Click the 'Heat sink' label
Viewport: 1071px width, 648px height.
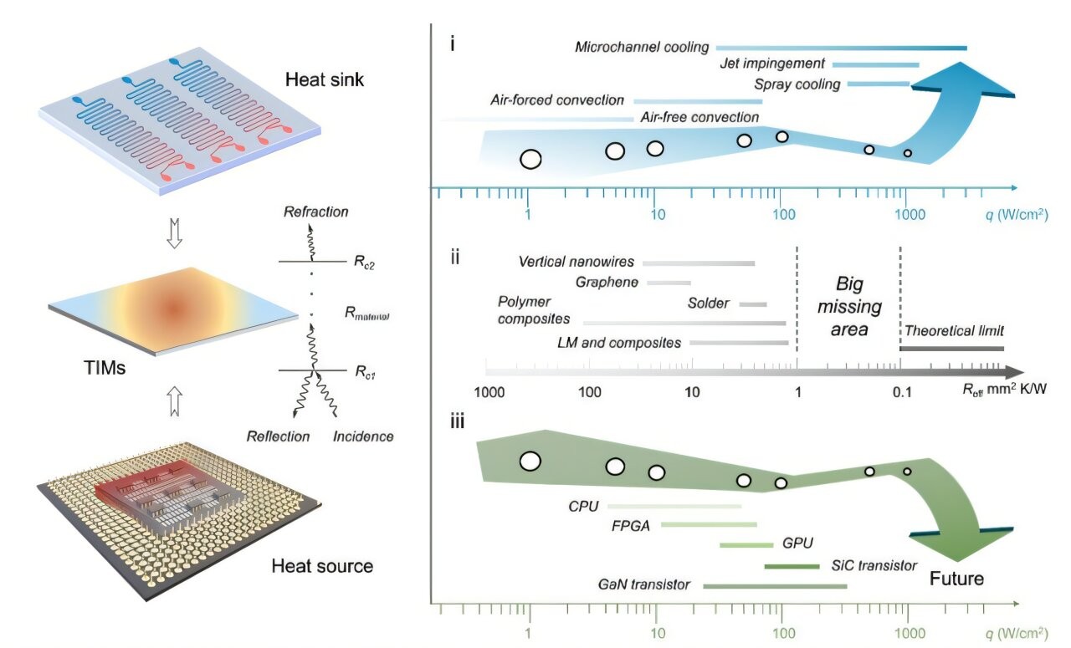tap(322, 80)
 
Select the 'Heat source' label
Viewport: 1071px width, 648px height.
tap(322, 566)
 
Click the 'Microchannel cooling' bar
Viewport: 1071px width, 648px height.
tap(841, 48)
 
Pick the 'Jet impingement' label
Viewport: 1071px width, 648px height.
tap(771, 64)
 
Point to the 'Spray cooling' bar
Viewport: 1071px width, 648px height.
tap(878, 84)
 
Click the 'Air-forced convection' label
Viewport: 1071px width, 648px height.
tap(556, 100)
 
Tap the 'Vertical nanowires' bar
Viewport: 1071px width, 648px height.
tap(699, 263)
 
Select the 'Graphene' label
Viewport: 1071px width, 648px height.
tap(607, 283)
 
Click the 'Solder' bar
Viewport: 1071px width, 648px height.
tap(753, 304)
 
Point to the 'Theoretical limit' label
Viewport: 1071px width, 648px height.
tap(954, 330)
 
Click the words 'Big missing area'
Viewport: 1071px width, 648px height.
tap(848, 305)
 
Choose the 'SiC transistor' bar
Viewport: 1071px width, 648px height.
tap(792, 567)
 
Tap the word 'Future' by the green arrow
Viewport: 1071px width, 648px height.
tap(956, 579)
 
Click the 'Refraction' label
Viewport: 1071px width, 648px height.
tap(315, 212)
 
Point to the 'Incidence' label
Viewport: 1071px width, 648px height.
tap(362, 436)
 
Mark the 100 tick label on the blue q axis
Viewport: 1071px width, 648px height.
tap(783, 214)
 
